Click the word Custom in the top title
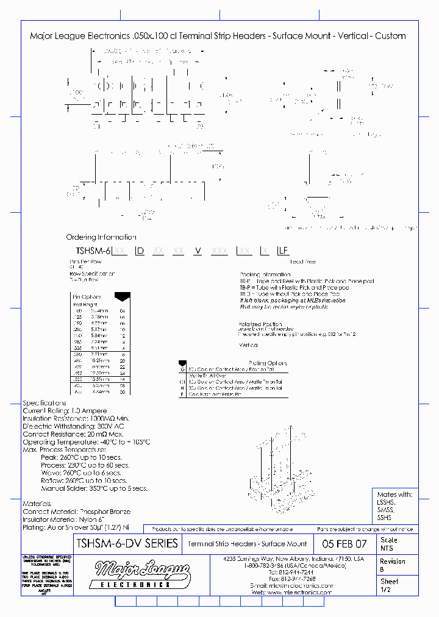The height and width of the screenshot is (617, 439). coord(391,36)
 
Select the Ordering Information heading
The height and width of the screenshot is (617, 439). coord(101,237)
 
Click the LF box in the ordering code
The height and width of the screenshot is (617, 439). coord(284,251)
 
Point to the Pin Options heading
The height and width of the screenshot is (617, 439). coord(87,297)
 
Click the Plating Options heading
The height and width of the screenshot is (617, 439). coord(268,363)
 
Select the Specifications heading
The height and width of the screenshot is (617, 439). coord(45,403)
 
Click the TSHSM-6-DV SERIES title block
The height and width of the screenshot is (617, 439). coord(126,543)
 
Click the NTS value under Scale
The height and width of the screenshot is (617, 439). coord(387,548)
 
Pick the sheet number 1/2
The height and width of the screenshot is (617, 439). coord(386,590)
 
